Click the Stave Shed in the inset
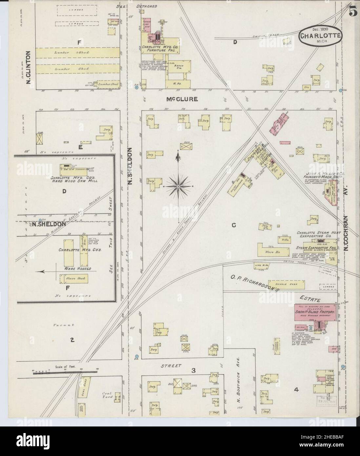click(x=76, y=279)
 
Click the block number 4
click(x=296, y=390)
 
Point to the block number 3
click(x=193, y=371)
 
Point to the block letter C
click(x=234, y=225)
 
